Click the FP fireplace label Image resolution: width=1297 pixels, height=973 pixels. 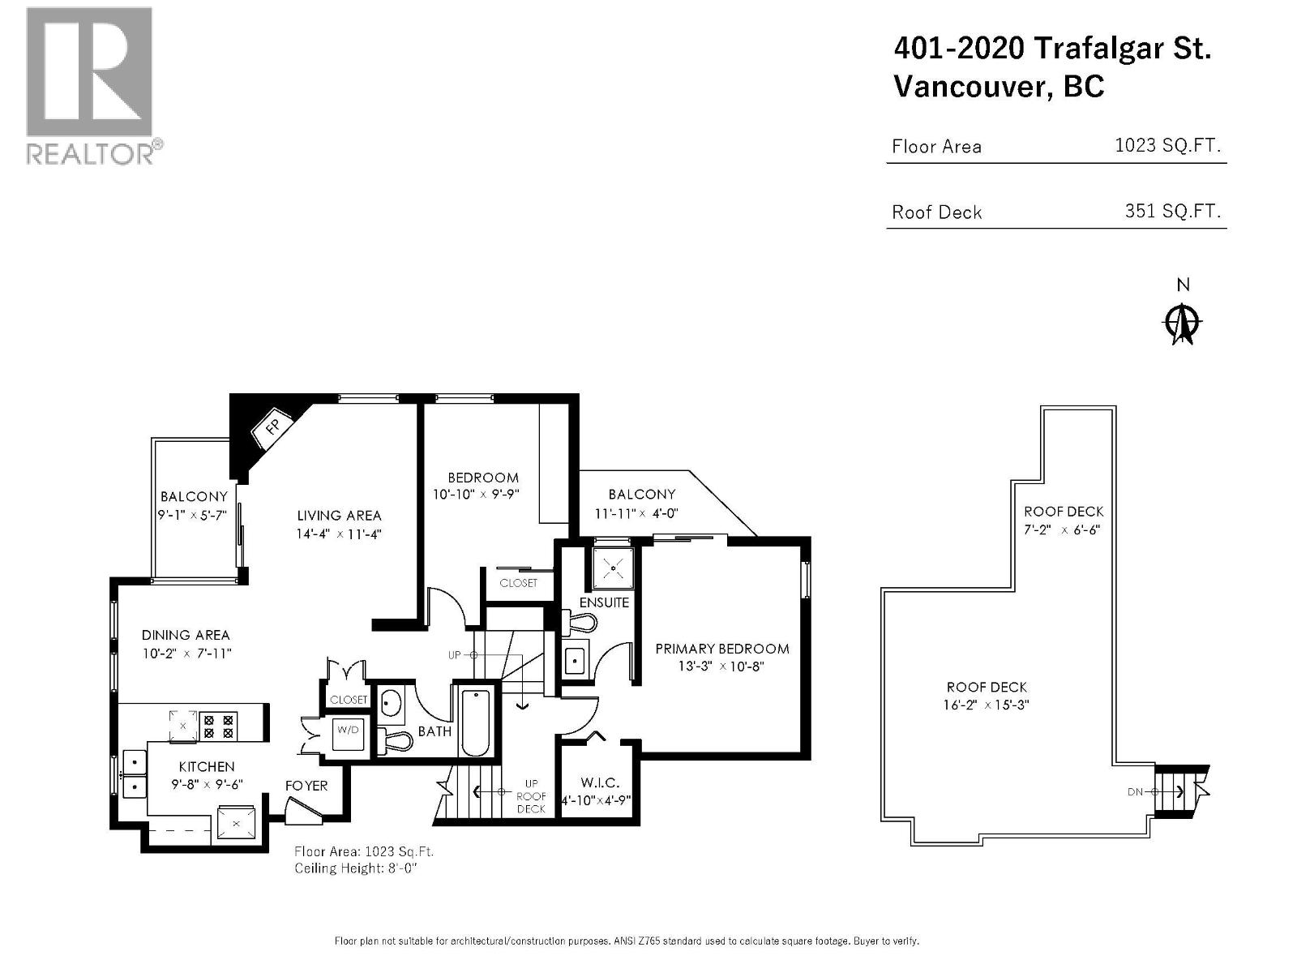tap(273, 426)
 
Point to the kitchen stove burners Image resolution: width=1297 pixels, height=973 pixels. tap(218, 727)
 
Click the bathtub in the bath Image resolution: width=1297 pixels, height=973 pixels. tap(475, 722)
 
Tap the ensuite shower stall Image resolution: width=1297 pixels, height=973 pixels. tap(614, 568)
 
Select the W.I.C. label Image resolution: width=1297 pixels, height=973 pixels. tap(600, 782)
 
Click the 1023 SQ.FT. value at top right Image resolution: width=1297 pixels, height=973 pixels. tap(1167, 146)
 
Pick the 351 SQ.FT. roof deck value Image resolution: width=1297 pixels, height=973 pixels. tap(1172, 211)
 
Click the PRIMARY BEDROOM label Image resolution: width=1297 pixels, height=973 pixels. tap(722, 649)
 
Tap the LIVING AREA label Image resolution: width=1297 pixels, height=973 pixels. tap(339, 516)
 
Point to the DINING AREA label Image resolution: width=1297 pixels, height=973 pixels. tap(186, 635)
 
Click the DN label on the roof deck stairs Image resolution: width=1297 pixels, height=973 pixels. tap(1135, 792)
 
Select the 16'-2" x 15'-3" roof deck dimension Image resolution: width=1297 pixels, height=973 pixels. tap(987, 705)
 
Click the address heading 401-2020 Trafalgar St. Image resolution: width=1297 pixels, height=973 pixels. tap(1052, 49)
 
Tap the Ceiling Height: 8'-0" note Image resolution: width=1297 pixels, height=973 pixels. tap(356, 868)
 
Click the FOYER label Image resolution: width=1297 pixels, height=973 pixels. tap(306, 786)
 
